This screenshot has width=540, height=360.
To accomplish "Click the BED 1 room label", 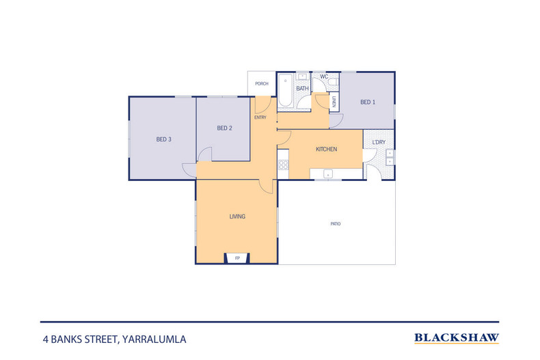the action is click(x=368, y=102).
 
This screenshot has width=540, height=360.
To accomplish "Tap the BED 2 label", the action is click(x=224, y=128).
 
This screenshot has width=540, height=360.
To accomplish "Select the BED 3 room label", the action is click(x=163, y=139).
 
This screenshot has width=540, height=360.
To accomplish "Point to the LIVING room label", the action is click(x=237, y=217).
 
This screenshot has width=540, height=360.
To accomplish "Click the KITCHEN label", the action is click(x=327, y=149).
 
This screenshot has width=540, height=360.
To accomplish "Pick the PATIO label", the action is click(x=336, y=223).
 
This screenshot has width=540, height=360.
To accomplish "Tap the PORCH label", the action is click(x=262, y=83).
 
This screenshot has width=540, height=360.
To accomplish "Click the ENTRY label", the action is click(x=260, y=117).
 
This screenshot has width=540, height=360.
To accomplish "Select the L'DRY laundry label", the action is click(x=379, y=142).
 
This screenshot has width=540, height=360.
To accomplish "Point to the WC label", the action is click(x=324, y=77).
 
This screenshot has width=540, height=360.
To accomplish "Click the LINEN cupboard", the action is click(x=334, y=102).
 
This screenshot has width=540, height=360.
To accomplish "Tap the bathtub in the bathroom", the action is click(x=285, y=90).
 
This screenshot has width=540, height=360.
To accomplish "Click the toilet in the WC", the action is click(x=334, y=82).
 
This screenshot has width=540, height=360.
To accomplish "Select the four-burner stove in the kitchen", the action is click(x=284, y=165).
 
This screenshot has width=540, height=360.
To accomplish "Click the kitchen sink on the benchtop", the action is click(x=328, y=174).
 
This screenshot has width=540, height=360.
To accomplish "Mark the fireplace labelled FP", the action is click(x=237, y=258).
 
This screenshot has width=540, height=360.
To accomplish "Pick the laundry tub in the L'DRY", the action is click(x=390, y=157).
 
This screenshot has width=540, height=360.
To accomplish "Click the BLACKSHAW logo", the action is click(x=457, y=338).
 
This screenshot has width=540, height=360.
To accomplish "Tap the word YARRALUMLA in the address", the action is click(x=154, y=340).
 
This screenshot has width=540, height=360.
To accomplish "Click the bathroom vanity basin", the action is click(x=303, y=77).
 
